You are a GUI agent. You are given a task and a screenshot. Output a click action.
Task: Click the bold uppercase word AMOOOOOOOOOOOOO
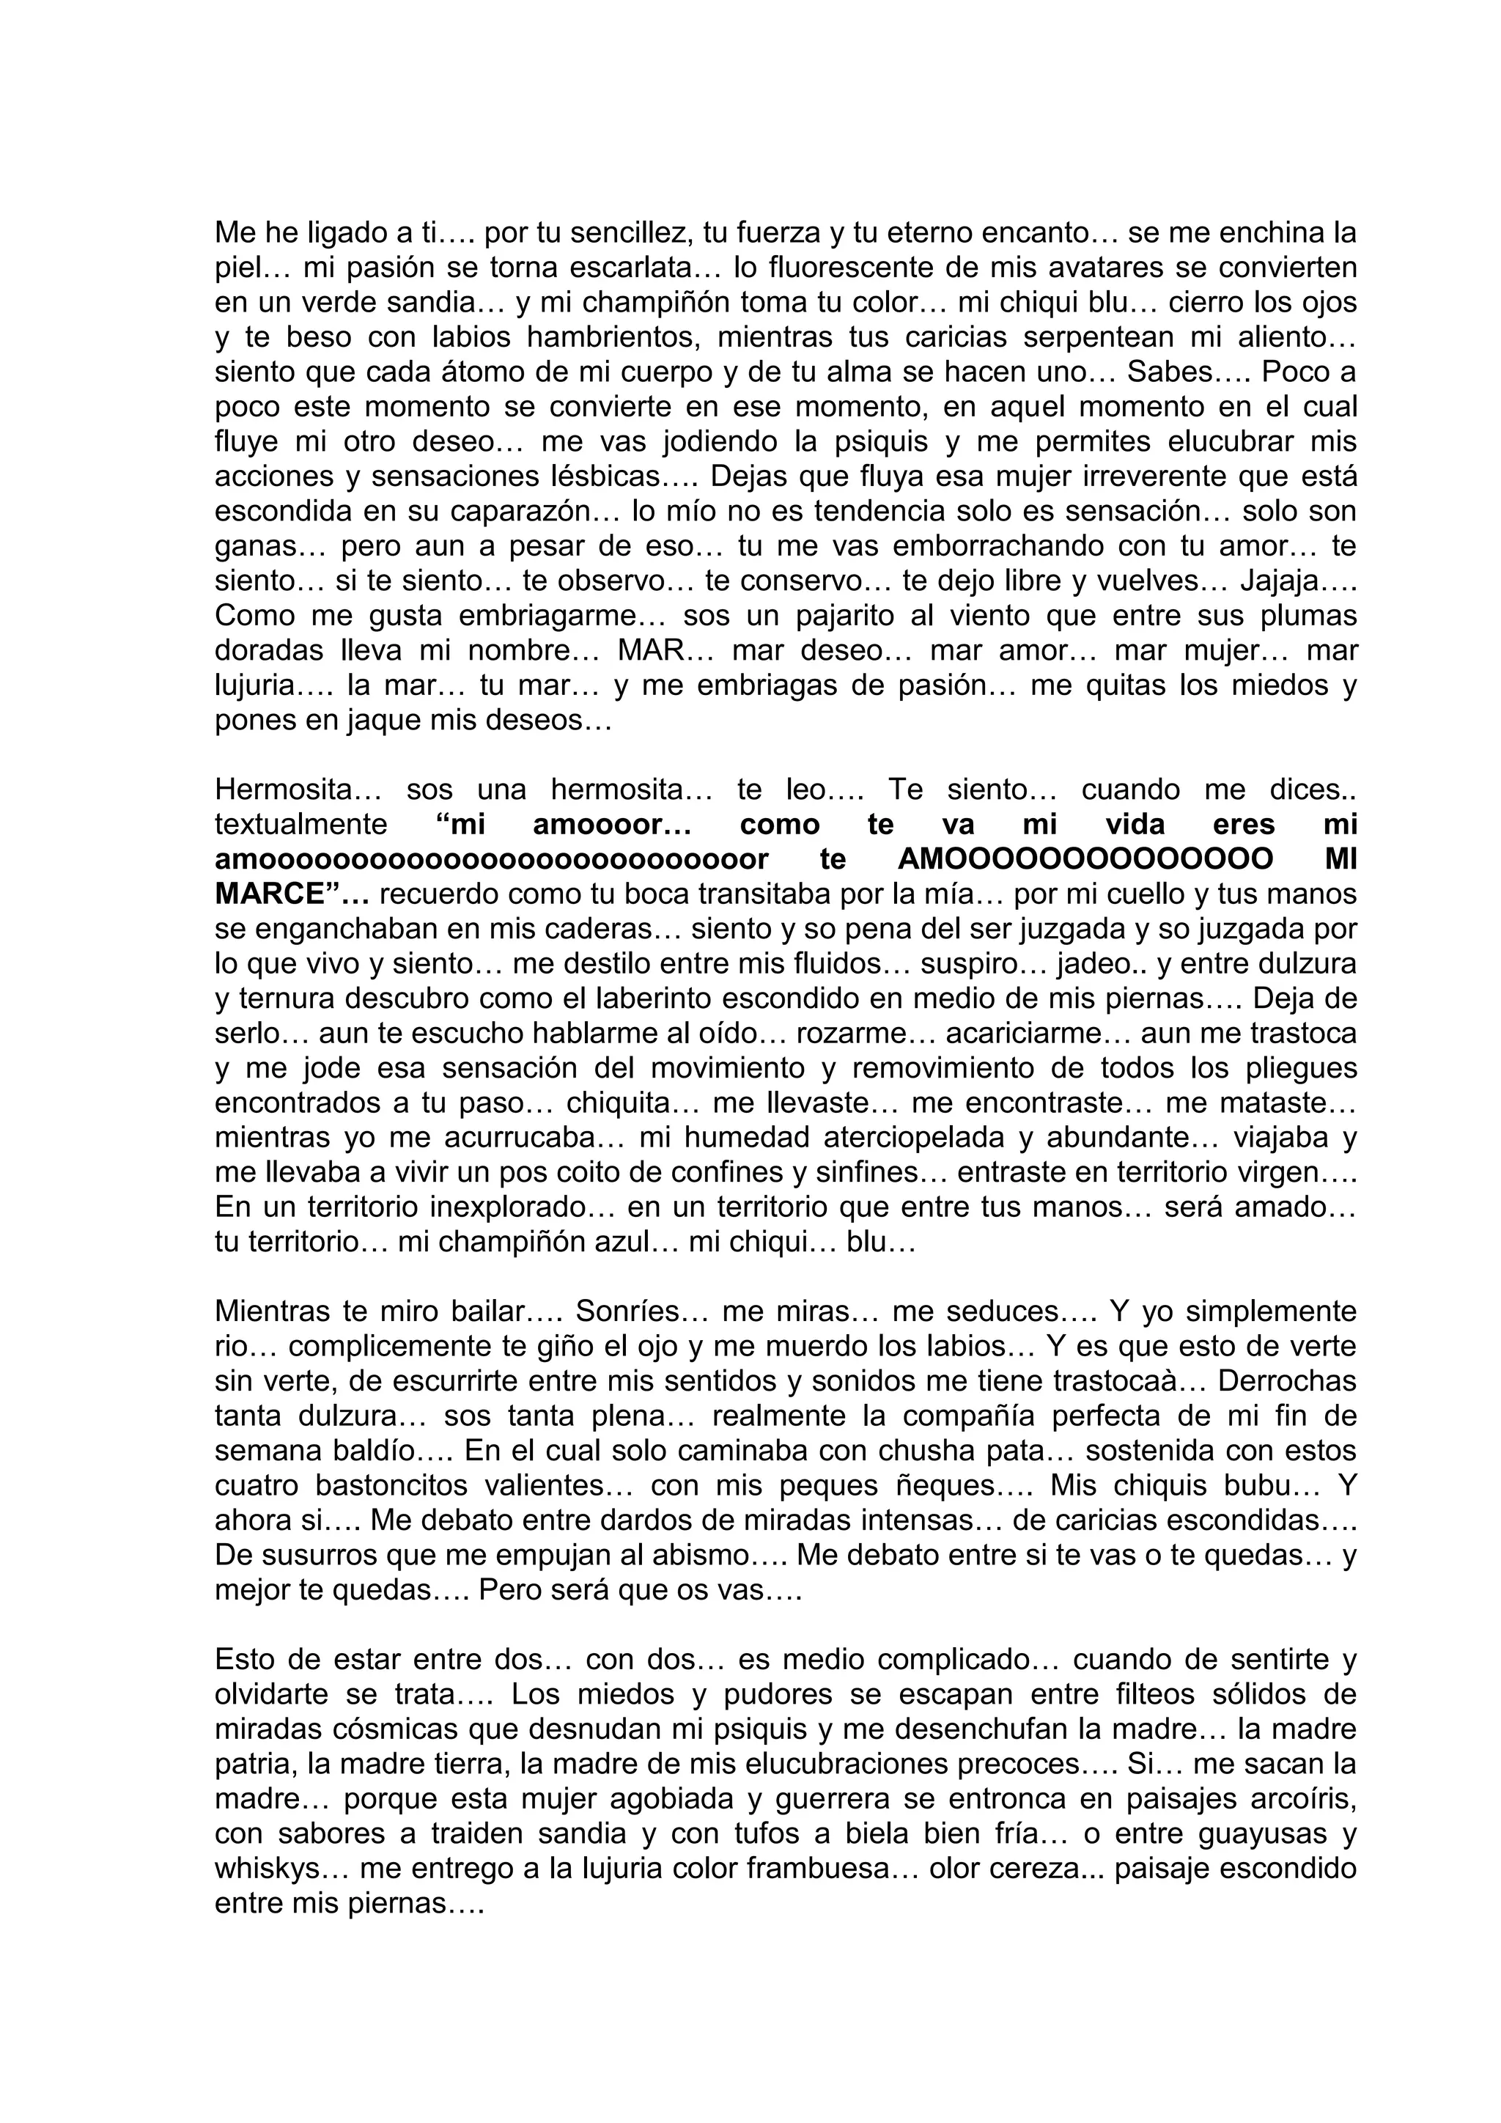coord(1085,860)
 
